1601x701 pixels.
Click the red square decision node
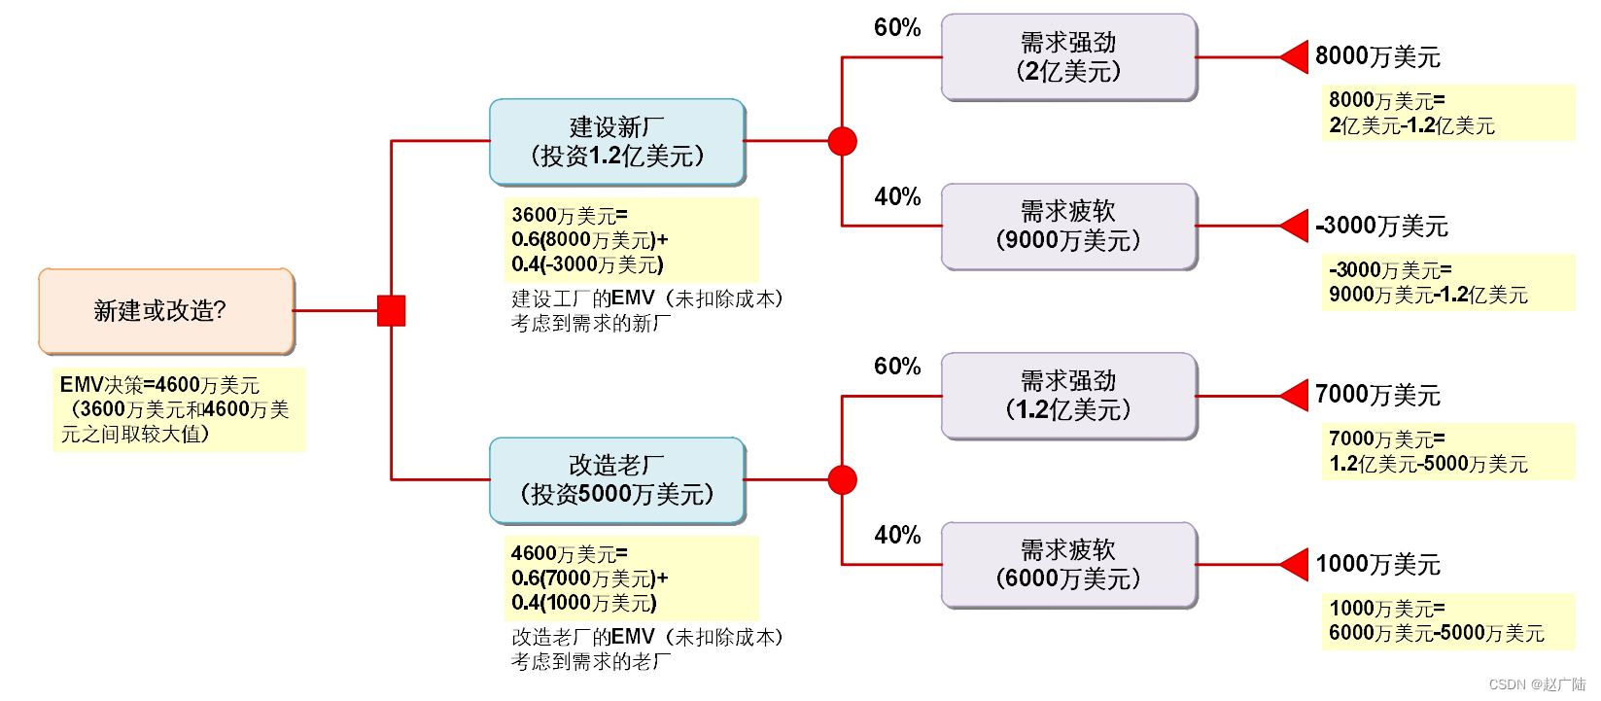[x=391, y=311]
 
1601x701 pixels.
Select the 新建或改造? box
[x=166, y=311]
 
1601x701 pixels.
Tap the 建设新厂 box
[x=617, y=142]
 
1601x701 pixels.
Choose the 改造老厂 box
[x=617, y=480]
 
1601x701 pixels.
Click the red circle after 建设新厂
[x=842, y=142]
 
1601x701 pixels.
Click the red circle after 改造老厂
[x=842, y=480]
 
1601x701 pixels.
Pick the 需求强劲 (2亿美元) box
[x=1068, y=57]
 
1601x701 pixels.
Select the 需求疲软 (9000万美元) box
[x=1068, y=227]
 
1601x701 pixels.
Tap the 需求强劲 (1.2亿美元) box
[x=1068, y=396]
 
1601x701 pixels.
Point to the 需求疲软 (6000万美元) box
[x=1068, y=565]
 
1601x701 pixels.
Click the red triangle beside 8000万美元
[x=1296, y=57]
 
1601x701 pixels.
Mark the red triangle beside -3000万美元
[x=1296, y=227]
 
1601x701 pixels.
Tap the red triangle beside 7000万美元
[x=1296, y=396]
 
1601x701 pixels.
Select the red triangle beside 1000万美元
[x=1296, y=565]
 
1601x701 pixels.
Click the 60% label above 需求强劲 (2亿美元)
[x=897, y=28]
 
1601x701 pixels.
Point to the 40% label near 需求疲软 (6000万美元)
[x=897, y=536]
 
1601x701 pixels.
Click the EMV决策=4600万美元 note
[x=179, y=409]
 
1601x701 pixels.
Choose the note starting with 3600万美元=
[x=631, y=240]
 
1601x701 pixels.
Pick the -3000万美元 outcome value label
[x=1381, y=227]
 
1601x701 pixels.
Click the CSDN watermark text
[x=1536, y=685]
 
